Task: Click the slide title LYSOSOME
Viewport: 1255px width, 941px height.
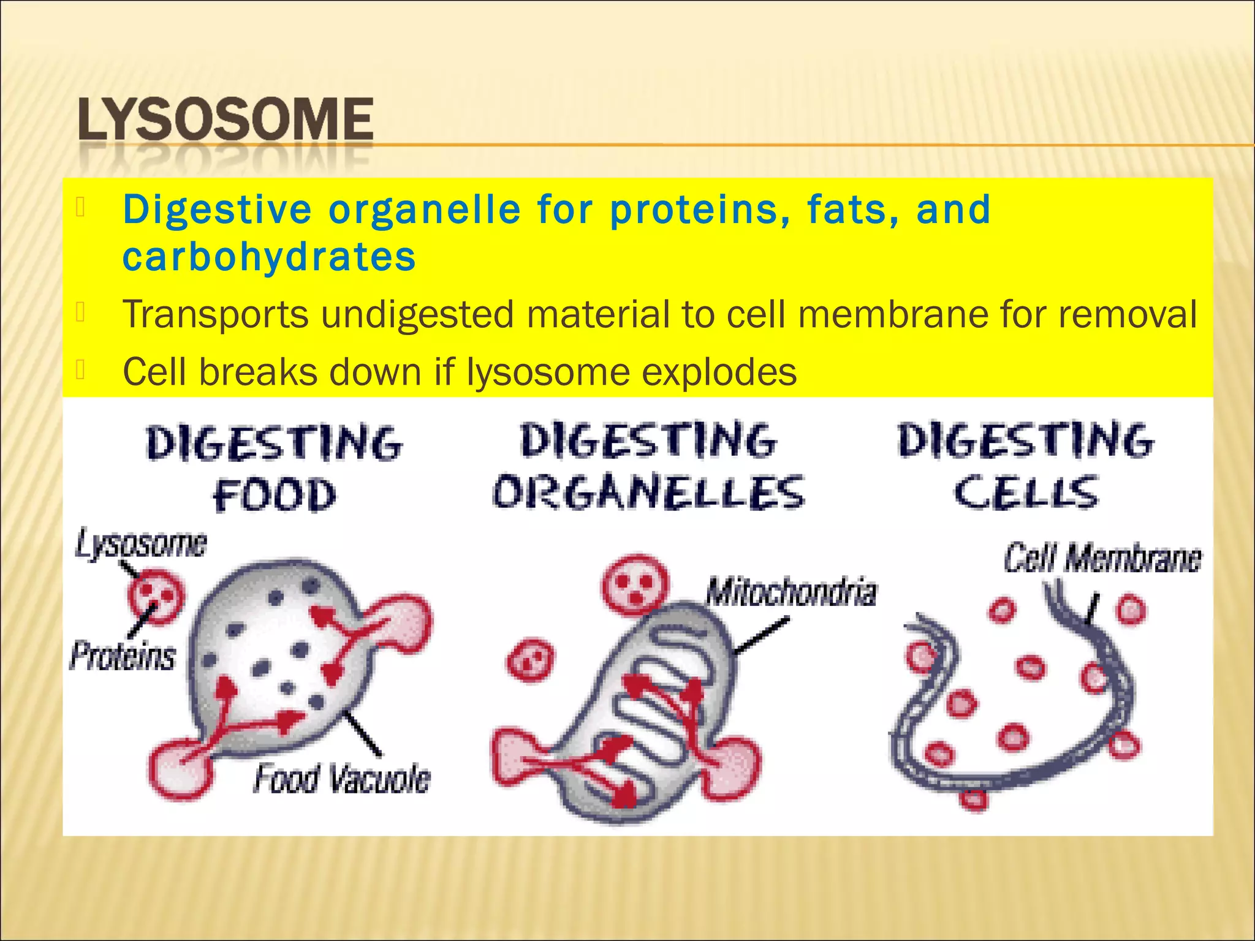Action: [x=226, y=119]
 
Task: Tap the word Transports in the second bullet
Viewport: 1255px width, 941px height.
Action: [x=215, y=314]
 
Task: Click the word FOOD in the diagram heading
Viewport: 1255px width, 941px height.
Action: [x=275, y=495]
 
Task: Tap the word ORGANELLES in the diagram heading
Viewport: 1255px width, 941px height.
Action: [x=648, y=493]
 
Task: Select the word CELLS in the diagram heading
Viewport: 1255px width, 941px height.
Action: [x=1026, y=493]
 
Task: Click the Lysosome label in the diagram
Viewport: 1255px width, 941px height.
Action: [x=142, y=544]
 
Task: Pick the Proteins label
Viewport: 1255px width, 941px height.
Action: [x=123, y=655]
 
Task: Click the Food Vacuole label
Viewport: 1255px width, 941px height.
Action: [x=342, y=779]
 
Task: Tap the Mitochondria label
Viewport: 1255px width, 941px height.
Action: [x=791, y=592]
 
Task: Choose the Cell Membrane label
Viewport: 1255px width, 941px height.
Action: [x=1102, y=558]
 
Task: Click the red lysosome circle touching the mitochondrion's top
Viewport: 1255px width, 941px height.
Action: [x=635, y=584]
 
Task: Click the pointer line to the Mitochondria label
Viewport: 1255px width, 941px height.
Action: [x=760, y=637]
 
